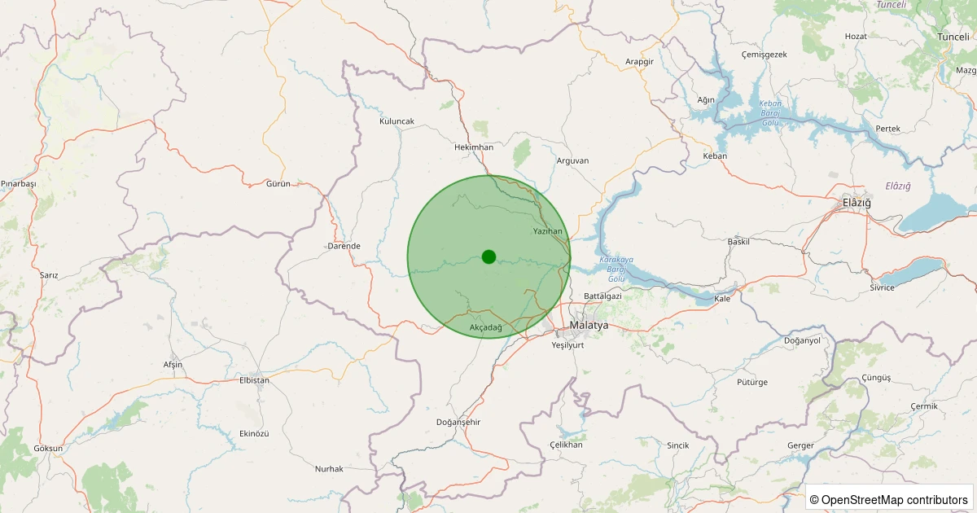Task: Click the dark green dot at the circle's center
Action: (488, 256)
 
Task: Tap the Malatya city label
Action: (589, 325)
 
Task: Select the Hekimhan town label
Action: (474, 147)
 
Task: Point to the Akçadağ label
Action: (486, 327)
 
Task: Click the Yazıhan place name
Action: (547, 232)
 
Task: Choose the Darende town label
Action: (344, 246)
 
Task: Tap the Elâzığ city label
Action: (857, 202)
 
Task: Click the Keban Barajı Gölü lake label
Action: (770, 112)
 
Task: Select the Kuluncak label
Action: (397, 121)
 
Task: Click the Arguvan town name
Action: (572, 160)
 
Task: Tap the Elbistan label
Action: (254, 380)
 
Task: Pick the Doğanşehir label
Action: (459, 422)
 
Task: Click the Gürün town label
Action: (278, 184)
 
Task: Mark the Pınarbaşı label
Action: (19, 184)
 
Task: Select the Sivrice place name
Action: (882, 287)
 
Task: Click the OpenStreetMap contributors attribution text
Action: (890, 499)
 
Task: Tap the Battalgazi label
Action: (602, 296)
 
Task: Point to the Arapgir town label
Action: (640, 62)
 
